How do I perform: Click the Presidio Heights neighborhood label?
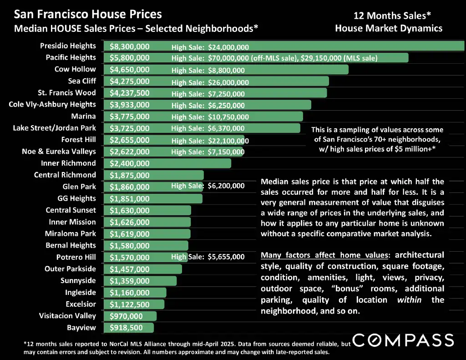coord(68,46)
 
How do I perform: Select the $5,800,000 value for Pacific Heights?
coord(129,58)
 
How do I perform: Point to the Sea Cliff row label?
coord(82,81)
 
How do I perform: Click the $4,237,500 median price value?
coord(129,93)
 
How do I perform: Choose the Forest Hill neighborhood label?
coord(78,140)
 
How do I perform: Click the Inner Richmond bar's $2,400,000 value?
coord(129,163)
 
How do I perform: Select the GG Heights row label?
coord(76,198)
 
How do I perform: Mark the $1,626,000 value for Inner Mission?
coord(129,222)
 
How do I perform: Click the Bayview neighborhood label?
coord(81,328)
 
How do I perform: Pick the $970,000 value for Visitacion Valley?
coord(126,316)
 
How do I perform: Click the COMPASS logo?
coord(403,340)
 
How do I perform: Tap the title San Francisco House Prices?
coord(88,15)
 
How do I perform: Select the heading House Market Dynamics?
coord(389,28)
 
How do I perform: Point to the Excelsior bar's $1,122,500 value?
coord(129,304)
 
